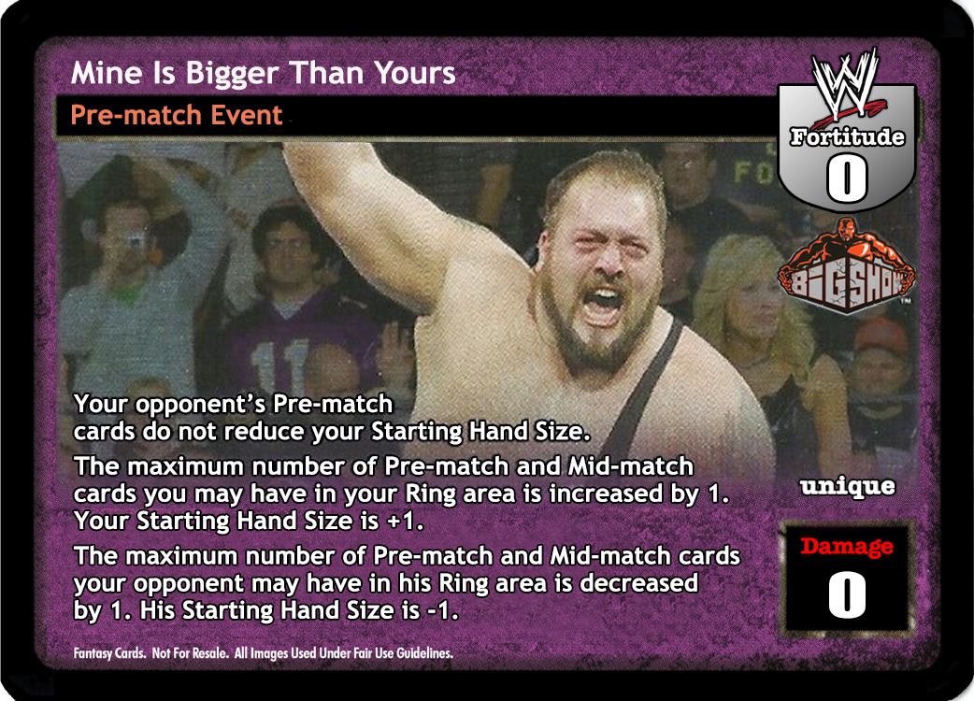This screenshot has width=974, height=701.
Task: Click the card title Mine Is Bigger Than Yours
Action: [263, 73]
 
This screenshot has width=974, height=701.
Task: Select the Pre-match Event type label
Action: [177, 116]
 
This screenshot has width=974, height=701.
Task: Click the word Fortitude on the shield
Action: [847, 136]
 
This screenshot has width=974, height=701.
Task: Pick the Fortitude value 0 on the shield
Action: [846, 179]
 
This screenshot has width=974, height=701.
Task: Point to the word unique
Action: [848, 487]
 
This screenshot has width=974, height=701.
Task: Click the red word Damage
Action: [847, 546]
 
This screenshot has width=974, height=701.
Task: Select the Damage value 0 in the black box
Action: [847, 594]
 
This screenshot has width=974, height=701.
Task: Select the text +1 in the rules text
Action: [405, 521]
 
